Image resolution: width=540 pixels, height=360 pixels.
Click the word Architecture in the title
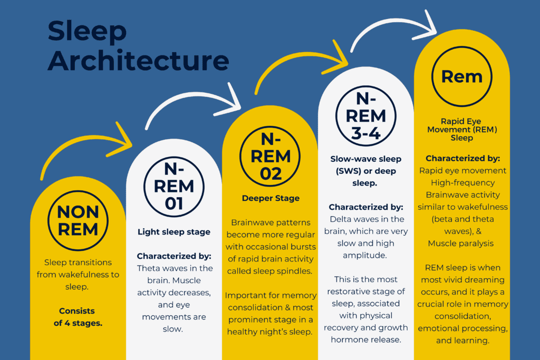pyautogui.click(x=138, y=60)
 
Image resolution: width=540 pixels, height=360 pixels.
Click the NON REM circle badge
pyautogui.click(x=78, y=221)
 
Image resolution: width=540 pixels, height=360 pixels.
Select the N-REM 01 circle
pyautogui.click(x=174, y=187)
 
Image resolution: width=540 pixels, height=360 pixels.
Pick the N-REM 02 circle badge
pyautogui.click(x=270, y=156)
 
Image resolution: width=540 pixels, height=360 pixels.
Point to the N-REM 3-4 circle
pyautogui.click(x=366, y=116)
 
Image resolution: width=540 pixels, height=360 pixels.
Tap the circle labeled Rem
pyautogui.click(x=462, y=76)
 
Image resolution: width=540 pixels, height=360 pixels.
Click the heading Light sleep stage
pyautogui.click(x=174, y=232)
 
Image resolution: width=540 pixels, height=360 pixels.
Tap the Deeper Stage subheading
pyautogui.click(x=271, y=198)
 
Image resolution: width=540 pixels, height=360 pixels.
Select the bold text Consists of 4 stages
pyautogui.click(x=78, y=317)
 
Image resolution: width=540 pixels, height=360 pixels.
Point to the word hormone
pyautogui.click(x=345, y=339)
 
